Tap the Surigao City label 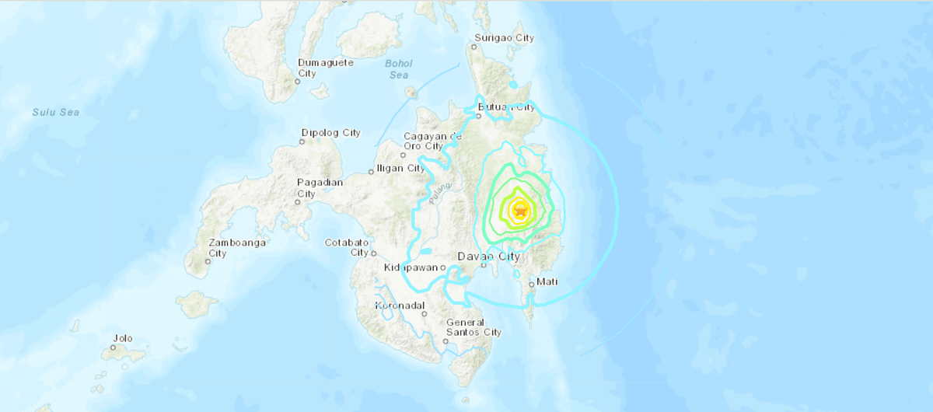tap(504, 37)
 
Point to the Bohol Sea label tap(398, 69)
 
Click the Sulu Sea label tap(55, 113)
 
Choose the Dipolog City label tap(330, 133)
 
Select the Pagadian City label tap(317, 188)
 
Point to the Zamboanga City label tap(238, 248)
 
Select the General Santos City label tap(473, 327)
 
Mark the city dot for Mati tap(532, 285)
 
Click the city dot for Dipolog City tap(303, 141)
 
